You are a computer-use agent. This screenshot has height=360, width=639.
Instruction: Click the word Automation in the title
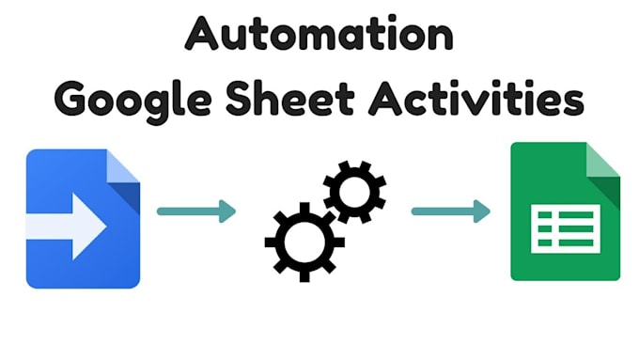[x=319, y=36]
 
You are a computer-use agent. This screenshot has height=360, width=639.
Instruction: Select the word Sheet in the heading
[x=295, y=98]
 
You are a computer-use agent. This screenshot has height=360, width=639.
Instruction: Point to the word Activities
[x=480, y=98]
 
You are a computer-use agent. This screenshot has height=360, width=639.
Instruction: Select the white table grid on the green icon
[x=565, y=228]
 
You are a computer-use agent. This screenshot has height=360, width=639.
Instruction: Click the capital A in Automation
[x=199, y=36]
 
